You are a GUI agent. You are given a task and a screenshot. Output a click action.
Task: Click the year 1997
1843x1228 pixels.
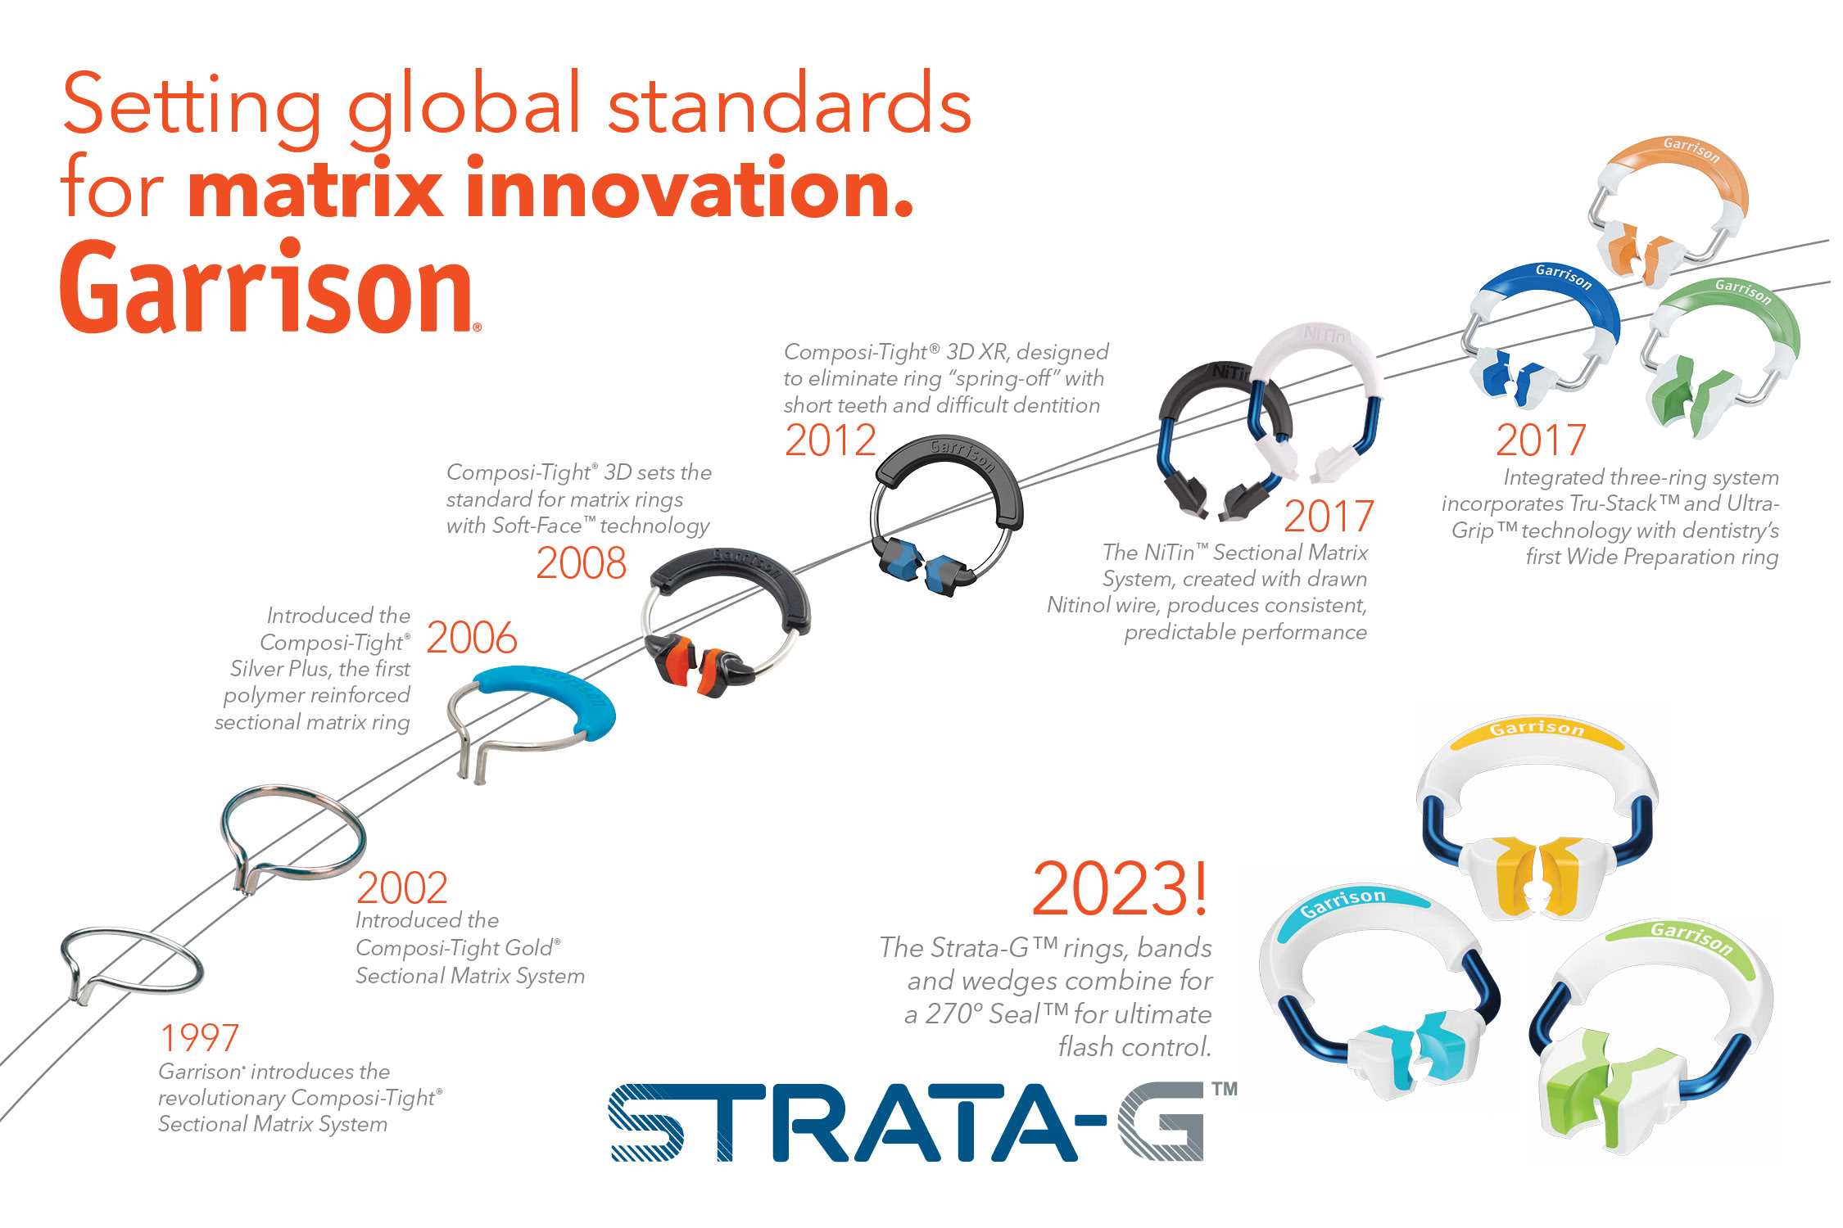click(x=199, y=1038)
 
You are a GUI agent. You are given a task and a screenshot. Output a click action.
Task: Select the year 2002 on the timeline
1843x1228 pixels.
click(x=402, y=887)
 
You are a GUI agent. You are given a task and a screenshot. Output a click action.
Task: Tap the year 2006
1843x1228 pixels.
click(x=472, y=638)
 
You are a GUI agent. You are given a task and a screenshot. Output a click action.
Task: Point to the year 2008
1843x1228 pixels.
click(x=581, y=563)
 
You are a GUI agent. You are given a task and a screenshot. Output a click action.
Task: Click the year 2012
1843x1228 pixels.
click(x=831, y=440)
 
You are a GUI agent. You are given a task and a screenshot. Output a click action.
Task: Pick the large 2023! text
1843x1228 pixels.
click(x=1120, y=888)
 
